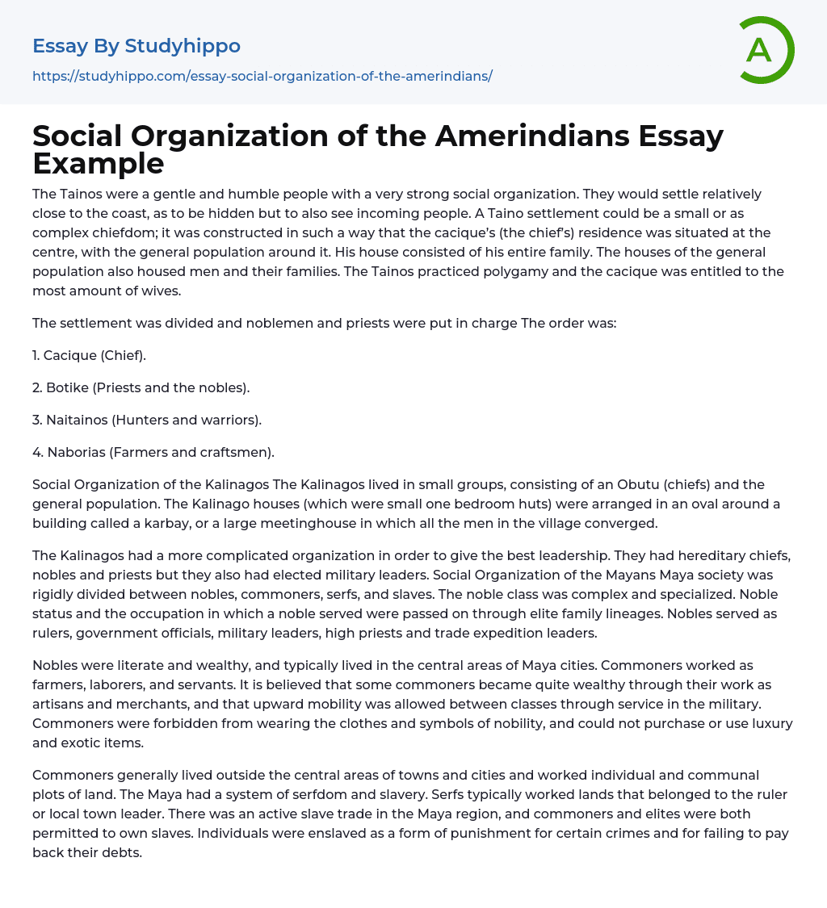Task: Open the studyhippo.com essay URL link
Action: coord(262,76)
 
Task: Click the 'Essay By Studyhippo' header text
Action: coord(136,46)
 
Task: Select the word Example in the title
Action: coord(99,164)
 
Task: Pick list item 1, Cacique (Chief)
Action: coord(89,355)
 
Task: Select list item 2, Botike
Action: coord(141,387)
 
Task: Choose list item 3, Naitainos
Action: coord(147,420)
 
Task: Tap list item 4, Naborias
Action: coord(153,452)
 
